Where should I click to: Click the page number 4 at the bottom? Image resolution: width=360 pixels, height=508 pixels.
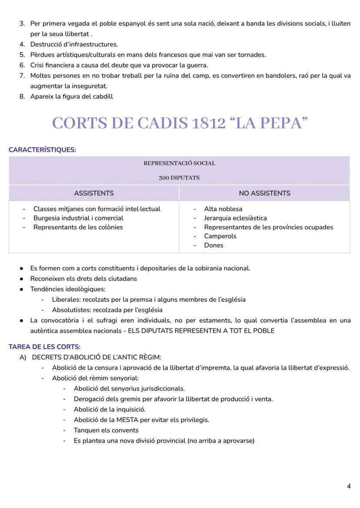pos(349,486)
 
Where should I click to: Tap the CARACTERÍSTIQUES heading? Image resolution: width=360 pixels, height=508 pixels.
pos(42,150)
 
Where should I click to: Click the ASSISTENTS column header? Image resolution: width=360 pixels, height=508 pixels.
pos(94,193)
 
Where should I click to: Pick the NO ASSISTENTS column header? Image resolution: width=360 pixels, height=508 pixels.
pos(264,193)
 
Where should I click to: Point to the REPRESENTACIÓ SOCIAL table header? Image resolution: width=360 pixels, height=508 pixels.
pos(179,163)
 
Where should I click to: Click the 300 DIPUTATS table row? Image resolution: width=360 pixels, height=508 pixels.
pos(179,178)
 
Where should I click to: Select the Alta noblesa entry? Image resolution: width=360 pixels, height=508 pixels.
pos(223,209)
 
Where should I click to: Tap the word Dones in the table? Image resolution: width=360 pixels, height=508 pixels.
pos(213,245)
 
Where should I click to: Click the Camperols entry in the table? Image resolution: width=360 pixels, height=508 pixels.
pos(220,236)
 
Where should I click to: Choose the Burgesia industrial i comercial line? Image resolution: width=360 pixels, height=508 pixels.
pos(78,218)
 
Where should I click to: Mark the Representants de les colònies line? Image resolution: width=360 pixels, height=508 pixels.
pos(78,227)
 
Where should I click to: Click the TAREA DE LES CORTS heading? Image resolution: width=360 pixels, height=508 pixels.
pos(44,347)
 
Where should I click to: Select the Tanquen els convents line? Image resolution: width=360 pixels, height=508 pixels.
pos(106,430)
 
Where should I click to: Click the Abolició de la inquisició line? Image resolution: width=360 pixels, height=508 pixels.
pos(110,409)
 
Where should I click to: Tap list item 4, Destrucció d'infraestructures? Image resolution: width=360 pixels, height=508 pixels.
pos(74,44)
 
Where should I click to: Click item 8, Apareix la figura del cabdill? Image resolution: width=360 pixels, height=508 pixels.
pos(71,96)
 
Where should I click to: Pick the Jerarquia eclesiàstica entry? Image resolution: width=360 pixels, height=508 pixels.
pos(235,218)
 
